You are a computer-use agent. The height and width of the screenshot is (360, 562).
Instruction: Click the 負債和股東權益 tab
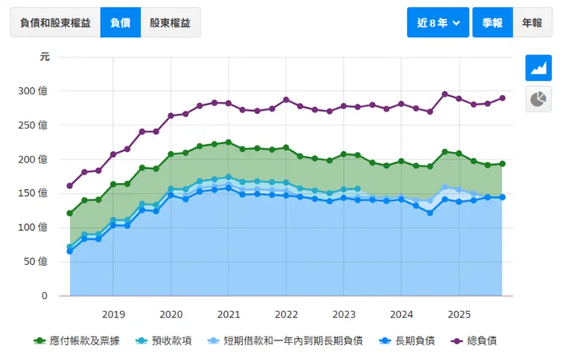click(54, 23)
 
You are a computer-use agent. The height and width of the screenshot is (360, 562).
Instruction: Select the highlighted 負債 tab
click(120, 23)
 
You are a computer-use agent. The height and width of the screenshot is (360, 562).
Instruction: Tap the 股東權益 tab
click(170, 23)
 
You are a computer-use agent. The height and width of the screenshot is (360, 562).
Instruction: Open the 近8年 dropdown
click(438, 23)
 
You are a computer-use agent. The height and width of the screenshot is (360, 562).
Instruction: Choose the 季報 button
click(492, 23)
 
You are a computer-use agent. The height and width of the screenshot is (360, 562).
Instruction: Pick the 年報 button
click(532, 23)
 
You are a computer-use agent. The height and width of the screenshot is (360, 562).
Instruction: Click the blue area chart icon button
click(538, 68)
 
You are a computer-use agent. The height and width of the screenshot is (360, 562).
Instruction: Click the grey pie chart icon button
click(538, 99)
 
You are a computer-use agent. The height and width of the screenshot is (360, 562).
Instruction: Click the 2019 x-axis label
click(113, 314)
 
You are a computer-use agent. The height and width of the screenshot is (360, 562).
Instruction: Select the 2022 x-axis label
click(286, 314)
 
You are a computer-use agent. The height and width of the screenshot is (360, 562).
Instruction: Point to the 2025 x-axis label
click(459, 314)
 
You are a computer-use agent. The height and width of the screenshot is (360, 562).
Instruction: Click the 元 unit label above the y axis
click(45, 57)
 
